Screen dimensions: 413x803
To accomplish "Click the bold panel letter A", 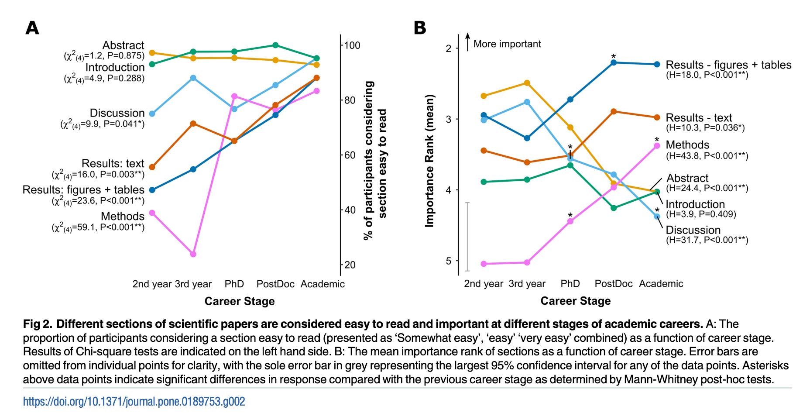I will coord(32,28).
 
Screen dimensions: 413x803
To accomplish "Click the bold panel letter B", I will coord(419,28).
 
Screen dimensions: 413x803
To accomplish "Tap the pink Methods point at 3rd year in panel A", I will coord(193,254).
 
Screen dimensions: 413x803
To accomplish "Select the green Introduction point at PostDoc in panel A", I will coord(275,45).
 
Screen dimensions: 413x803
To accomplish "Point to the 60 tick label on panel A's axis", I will coord(350,155).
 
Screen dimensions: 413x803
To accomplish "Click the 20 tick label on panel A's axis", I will coord(350,265).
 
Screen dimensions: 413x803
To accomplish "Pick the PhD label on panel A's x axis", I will coord(234,284).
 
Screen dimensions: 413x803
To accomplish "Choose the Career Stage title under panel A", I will coord(240,301).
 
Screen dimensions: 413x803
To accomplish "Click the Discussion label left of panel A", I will coord(117,113).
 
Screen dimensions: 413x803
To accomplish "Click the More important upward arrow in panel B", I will coord(467,42).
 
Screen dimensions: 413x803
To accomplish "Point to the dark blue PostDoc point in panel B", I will coord(614,62).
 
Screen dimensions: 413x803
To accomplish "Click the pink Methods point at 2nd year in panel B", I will coord(484,264).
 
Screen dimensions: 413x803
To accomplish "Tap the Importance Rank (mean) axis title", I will coord(430,161).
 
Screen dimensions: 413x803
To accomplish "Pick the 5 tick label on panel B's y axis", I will coord(449,261).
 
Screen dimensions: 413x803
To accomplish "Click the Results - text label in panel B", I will coord(699,118).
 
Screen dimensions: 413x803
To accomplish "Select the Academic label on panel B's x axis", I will coord(661,284).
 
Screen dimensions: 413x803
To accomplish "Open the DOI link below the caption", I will coord(134,402).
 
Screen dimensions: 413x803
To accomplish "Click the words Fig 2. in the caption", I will coord(38,324).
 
